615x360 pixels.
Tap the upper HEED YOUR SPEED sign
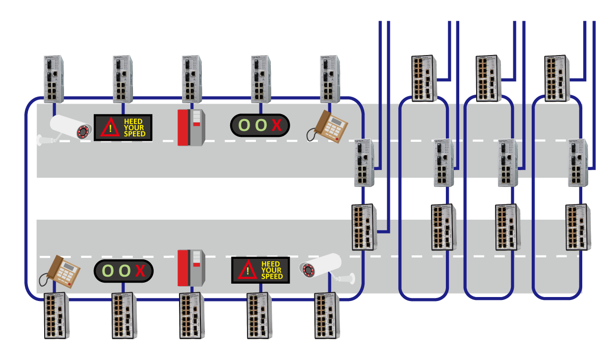pyautogui.click(x=123, y=127)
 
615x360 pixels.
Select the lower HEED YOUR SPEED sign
pyautogui.click(x=261, y=270)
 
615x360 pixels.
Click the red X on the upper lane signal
pyautogui.click(x=276, y=126)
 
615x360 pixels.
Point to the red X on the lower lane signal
pyautogui.click(x=140, y=271)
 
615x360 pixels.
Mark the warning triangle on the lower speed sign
pyautogui.click(x=246, y=271)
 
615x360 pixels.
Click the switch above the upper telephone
pyautogui.click(x=331, y=78)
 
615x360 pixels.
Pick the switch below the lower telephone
pyautogui.click(x=57, y=315)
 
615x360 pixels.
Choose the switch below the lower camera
pyautogui.click(x=326, y=315)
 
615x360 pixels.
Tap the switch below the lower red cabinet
pyautogui.click(x=192, y=315)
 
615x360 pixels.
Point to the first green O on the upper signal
pyautogui.click(x=244, y=126)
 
